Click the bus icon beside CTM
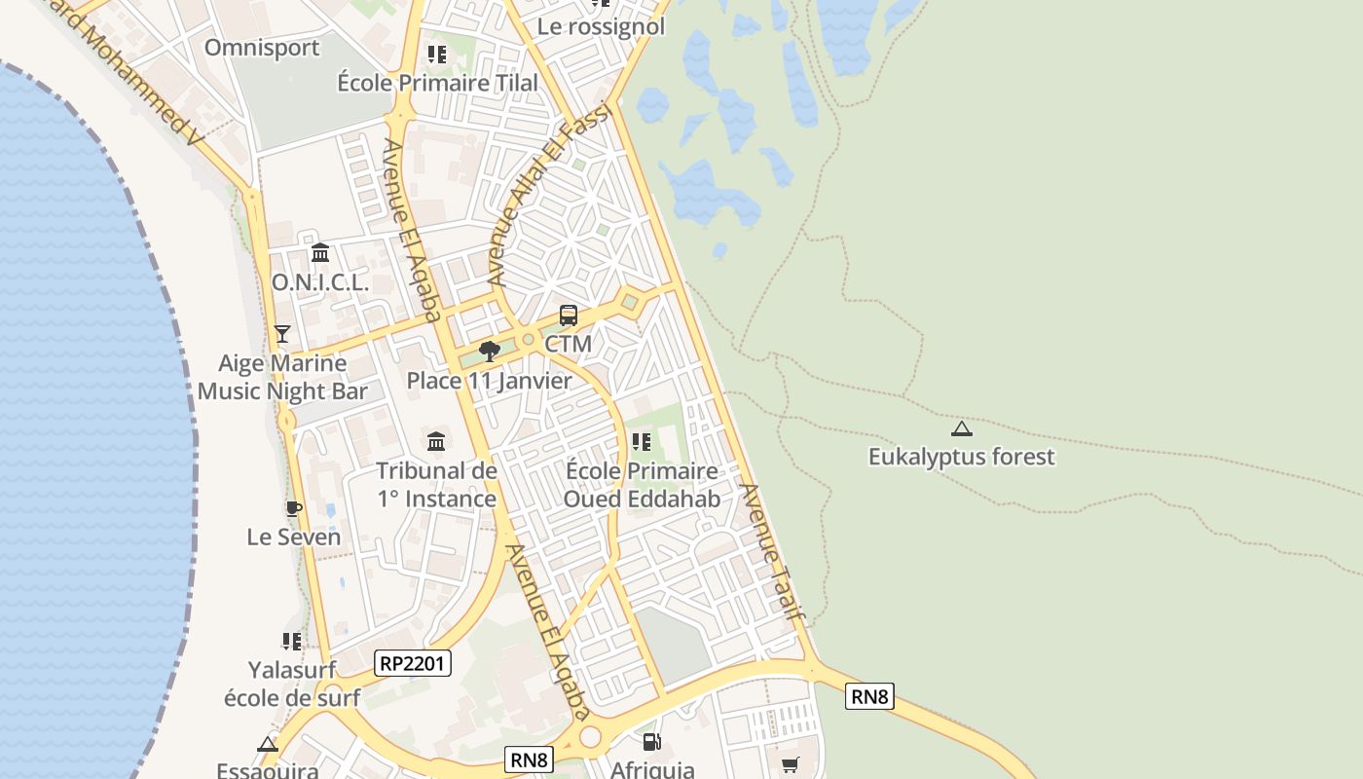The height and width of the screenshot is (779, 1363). pos(569,315)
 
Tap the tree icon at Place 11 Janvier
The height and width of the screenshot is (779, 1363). pos(490,352)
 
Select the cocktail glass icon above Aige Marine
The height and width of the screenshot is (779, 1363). pos(282,334)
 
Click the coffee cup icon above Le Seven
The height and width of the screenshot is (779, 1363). pos(293,508)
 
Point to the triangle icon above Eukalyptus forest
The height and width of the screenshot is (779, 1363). pos(962,428)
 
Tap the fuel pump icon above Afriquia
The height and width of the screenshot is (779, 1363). pos(652,742)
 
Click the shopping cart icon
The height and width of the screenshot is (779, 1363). pos(790,765)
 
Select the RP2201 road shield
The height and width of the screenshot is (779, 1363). pos(413,664)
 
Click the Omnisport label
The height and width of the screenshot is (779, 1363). pos(262,48)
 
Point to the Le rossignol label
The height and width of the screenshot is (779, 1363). pos(601,26)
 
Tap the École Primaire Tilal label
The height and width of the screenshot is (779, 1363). pos(437,83)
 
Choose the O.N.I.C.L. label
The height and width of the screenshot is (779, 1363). pos(320,283)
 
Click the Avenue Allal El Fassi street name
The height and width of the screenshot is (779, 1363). pos(548,195)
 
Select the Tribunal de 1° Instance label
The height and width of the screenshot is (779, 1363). pos(436,485)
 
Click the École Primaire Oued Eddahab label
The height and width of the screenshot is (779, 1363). pos(642,485)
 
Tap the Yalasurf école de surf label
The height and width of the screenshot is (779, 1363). pos(292,684)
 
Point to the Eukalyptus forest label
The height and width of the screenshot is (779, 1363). pos(961,457)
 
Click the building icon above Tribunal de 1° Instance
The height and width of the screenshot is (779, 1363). pos(436,441)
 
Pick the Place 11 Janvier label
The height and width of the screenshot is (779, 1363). pos(489,381)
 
